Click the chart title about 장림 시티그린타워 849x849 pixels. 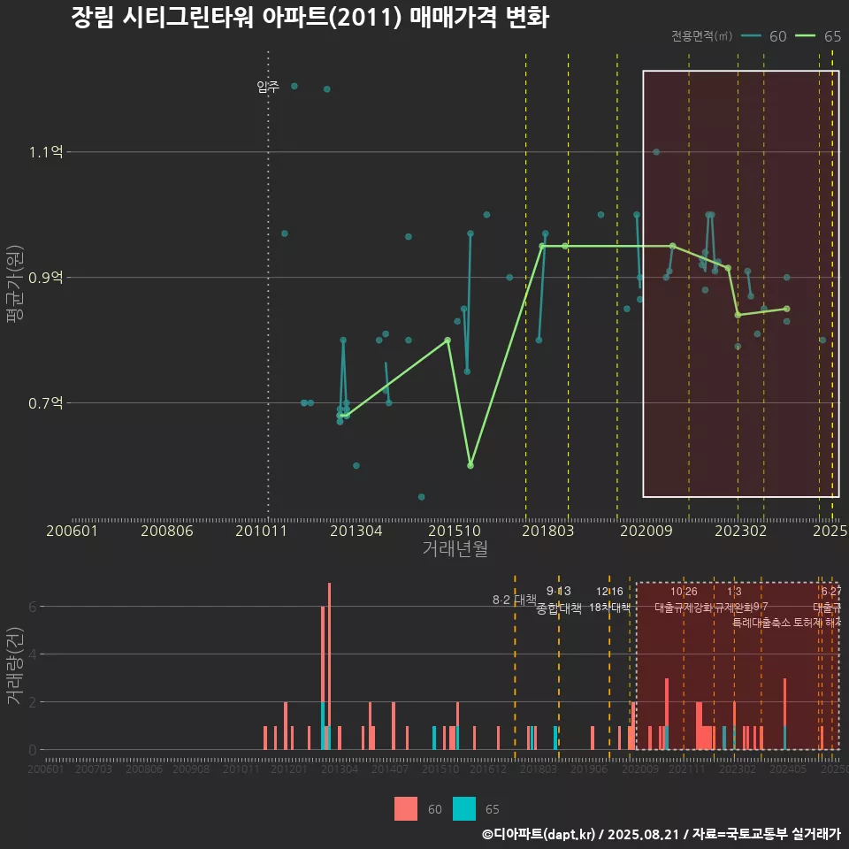coord(310,19)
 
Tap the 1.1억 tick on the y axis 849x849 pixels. coord(45,152)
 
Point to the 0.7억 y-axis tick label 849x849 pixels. coord(45,403)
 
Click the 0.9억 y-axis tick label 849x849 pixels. coord(45,278)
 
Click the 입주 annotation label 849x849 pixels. coord(267,87)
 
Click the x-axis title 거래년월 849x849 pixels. coord(455,549)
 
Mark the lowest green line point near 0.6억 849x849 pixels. coord(470,465)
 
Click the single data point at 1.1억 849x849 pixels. coord(656,152)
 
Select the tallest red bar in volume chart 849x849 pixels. coord(329,666)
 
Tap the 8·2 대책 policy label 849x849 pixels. coord(514,600)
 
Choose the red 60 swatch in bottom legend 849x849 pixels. coord(406,808)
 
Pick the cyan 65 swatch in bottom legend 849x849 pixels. coord(464,808)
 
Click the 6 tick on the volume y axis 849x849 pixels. coord(33,607)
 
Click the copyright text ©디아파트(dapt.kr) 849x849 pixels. coord(539,833)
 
